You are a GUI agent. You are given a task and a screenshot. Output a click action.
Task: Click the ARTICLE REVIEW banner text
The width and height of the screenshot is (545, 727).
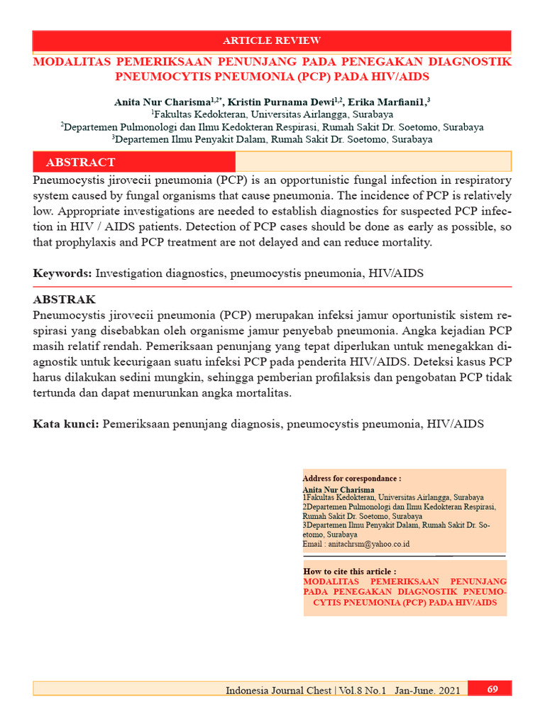(x=272, y=40)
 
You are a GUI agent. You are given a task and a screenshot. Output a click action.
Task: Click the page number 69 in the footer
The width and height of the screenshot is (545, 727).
(x=492, y=689)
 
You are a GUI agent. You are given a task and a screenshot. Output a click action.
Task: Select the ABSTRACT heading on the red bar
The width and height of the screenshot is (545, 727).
(x=80, y=163)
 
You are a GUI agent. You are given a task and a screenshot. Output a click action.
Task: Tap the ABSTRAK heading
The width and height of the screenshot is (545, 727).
(x=64, y=299)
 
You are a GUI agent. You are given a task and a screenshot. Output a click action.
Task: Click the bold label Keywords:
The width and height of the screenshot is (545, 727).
(x=62, y=273)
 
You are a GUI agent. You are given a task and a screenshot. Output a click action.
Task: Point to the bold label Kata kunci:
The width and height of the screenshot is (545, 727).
(x=66, y=424)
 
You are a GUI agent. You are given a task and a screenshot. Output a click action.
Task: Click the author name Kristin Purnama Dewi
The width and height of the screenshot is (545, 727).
(x=281, y=102)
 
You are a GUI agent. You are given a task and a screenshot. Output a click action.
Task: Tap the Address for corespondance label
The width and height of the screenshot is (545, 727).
(x=351, y=479)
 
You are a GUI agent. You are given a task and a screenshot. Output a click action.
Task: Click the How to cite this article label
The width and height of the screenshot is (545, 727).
(x=349, y=572)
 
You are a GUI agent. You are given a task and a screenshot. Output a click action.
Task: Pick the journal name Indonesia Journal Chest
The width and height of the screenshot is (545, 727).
(x=278, y=690)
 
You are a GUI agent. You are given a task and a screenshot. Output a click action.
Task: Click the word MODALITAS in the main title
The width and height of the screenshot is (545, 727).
(x=78, y=62)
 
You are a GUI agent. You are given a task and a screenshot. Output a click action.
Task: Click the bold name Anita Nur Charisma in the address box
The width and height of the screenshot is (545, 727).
(x=338, y=490)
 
